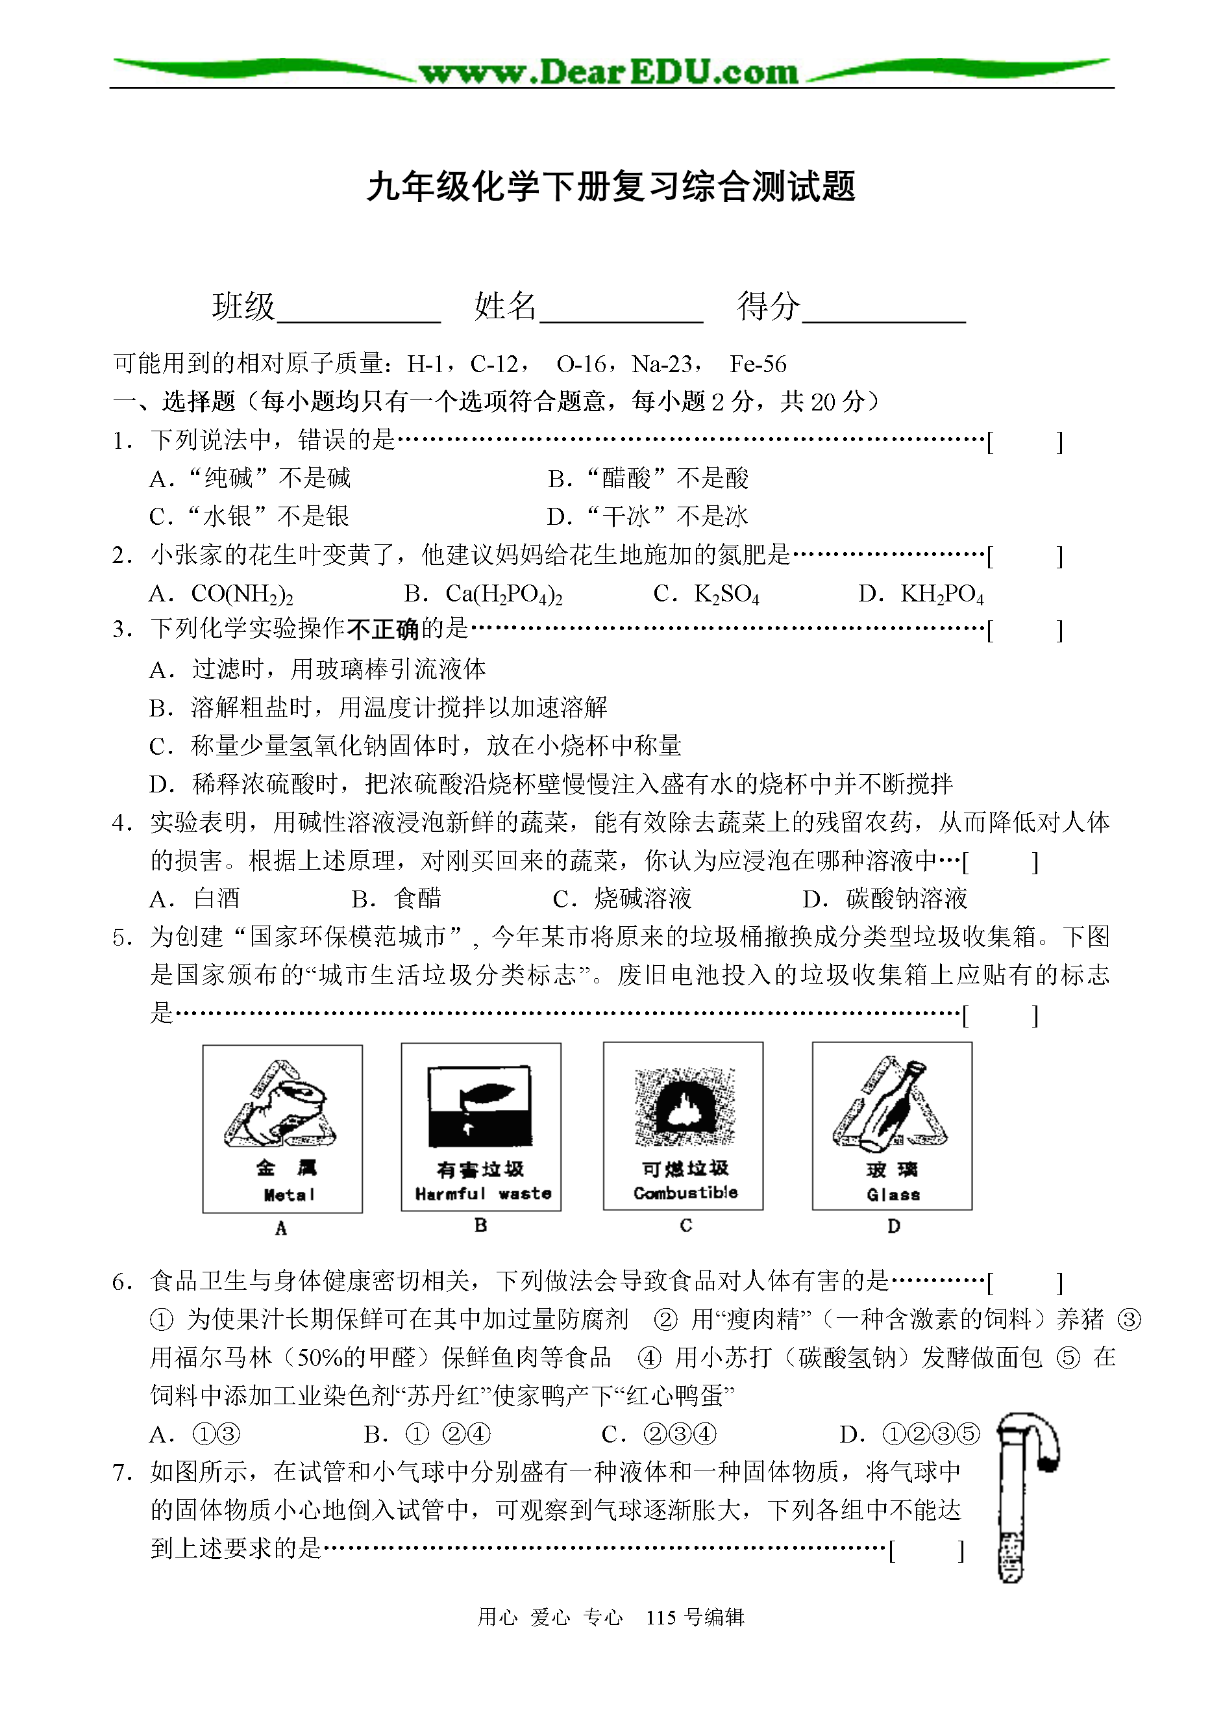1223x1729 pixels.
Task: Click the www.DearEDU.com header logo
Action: click(x=608, y=72)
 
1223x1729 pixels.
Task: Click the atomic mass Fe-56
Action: click(x=758, y=364)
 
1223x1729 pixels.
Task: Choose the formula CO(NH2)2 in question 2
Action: click(x=241, y=594)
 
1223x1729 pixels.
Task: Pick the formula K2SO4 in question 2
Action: click(x=726, y=594)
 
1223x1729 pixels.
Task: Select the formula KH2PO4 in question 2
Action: click(x=941, y=594)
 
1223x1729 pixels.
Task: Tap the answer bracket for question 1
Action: click(x=1025, y=442)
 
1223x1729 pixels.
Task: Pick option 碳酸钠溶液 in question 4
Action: click(x=907, y=898)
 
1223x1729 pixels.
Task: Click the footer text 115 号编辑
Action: click(x=695, y=1617)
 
